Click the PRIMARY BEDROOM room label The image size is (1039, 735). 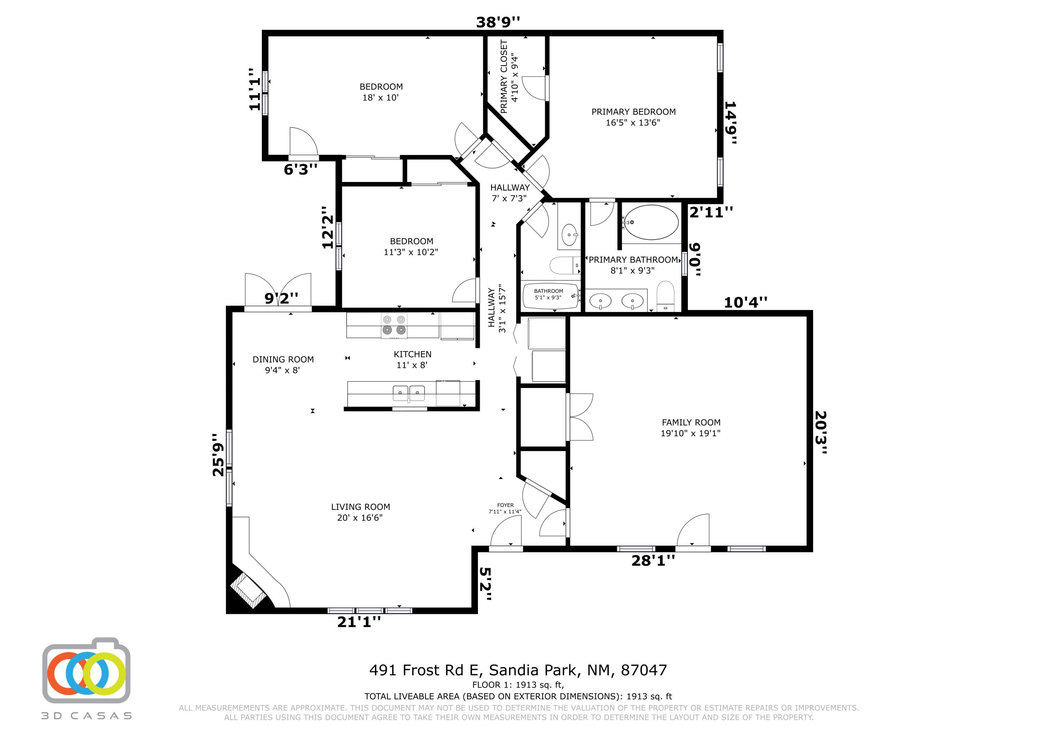(633, 112)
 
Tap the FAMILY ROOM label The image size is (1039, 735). (691, 422)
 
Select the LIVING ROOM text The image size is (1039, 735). (360, 507)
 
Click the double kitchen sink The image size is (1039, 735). (409, 393)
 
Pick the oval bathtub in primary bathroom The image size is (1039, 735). (651, 222)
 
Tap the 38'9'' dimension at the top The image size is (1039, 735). (498, 22)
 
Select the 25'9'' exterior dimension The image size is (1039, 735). (219, 455)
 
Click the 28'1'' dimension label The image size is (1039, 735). (653, 561)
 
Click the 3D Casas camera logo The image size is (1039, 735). (87, 670)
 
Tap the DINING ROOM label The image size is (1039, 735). (283, 360)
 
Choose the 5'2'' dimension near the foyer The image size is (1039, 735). (485, 584)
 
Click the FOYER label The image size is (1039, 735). (505, 505)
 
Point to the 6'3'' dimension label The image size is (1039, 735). (301, 169)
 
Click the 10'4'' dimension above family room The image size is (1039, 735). (746, 302)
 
